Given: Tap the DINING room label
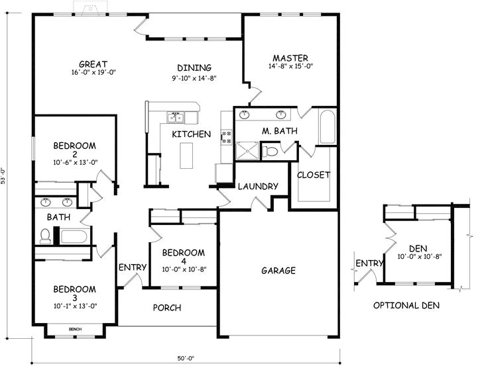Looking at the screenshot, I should coord(194,68).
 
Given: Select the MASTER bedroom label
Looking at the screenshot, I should coord(290,57).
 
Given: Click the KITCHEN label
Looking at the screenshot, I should coord(192,134).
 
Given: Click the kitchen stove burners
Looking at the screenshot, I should coord(226,137).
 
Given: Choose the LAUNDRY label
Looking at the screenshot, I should coord(257,187).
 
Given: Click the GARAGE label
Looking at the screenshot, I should coord(278,271).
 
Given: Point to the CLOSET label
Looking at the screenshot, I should coord(314,175).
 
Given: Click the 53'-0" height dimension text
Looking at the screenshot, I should coord(5,176).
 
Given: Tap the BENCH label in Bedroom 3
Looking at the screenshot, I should coord(74,329).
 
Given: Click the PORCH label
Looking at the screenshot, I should coord(167,308).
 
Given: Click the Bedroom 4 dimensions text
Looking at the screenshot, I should coord(184,269).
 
